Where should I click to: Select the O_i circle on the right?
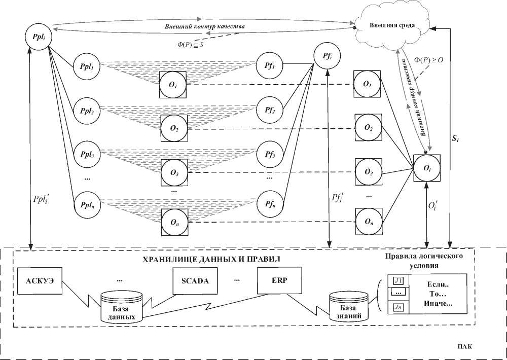tap(427, 168)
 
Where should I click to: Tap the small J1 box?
tap(398, 280)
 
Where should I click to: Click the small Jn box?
tap(398, 307)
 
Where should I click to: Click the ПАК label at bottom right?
tap(462, 347)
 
